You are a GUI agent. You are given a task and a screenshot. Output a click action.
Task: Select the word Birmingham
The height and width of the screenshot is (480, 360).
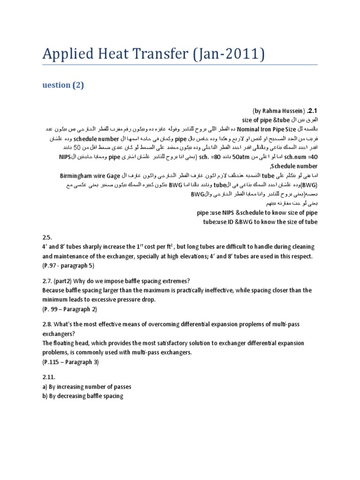(x=77, y=176)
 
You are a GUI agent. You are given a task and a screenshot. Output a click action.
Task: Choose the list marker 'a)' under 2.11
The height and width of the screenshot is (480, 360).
(x=45, y=387)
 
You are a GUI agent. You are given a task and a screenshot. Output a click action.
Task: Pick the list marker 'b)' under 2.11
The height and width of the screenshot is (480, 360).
(x=45, y=396)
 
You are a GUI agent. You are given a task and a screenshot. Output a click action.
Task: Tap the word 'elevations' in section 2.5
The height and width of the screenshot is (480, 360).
(x=217, y=256)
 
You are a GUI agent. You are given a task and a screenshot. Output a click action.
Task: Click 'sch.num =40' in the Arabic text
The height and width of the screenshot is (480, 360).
(x=301, y=156)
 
